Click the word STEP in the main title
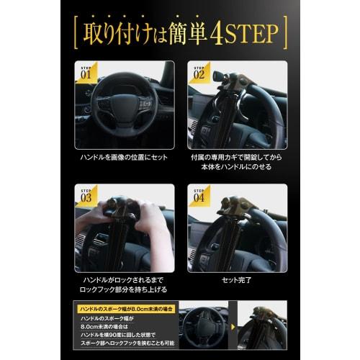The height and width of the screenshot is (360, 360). [x=261, y=34]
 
